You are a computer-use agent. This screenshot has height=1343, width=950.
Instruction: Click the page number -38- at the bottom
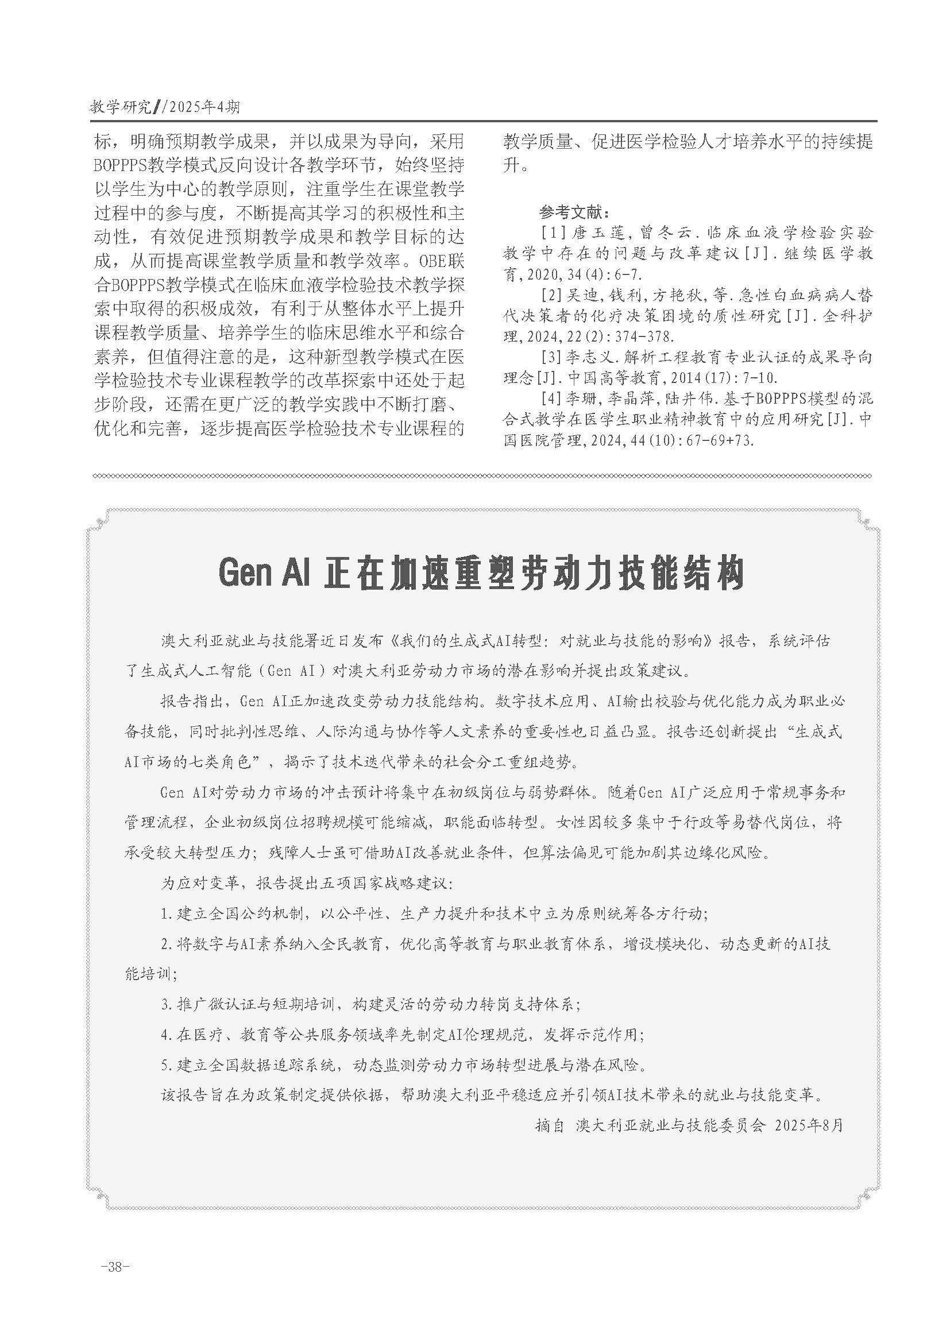[115, 1267]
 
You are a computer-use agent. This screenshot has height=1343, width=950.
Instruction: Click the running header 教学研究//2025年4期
[164, 107]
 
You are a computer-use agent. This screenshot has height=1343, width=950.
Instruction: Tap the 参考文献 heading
[574, 211]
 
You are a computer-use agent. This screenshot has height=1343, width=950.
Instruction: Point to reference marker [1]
[553, 233]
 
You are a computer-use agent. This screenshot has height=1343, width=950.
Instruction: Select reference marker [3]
[553, 356]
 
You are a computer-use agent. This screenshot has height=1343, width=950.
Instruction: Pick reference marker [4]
[553, 398]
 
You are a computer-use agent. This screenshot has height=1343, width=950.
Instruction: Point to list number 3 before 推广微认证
[167, 1004]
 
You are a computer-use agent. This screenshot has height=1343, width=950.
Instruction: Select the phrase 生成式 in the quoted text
[818, 732]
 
